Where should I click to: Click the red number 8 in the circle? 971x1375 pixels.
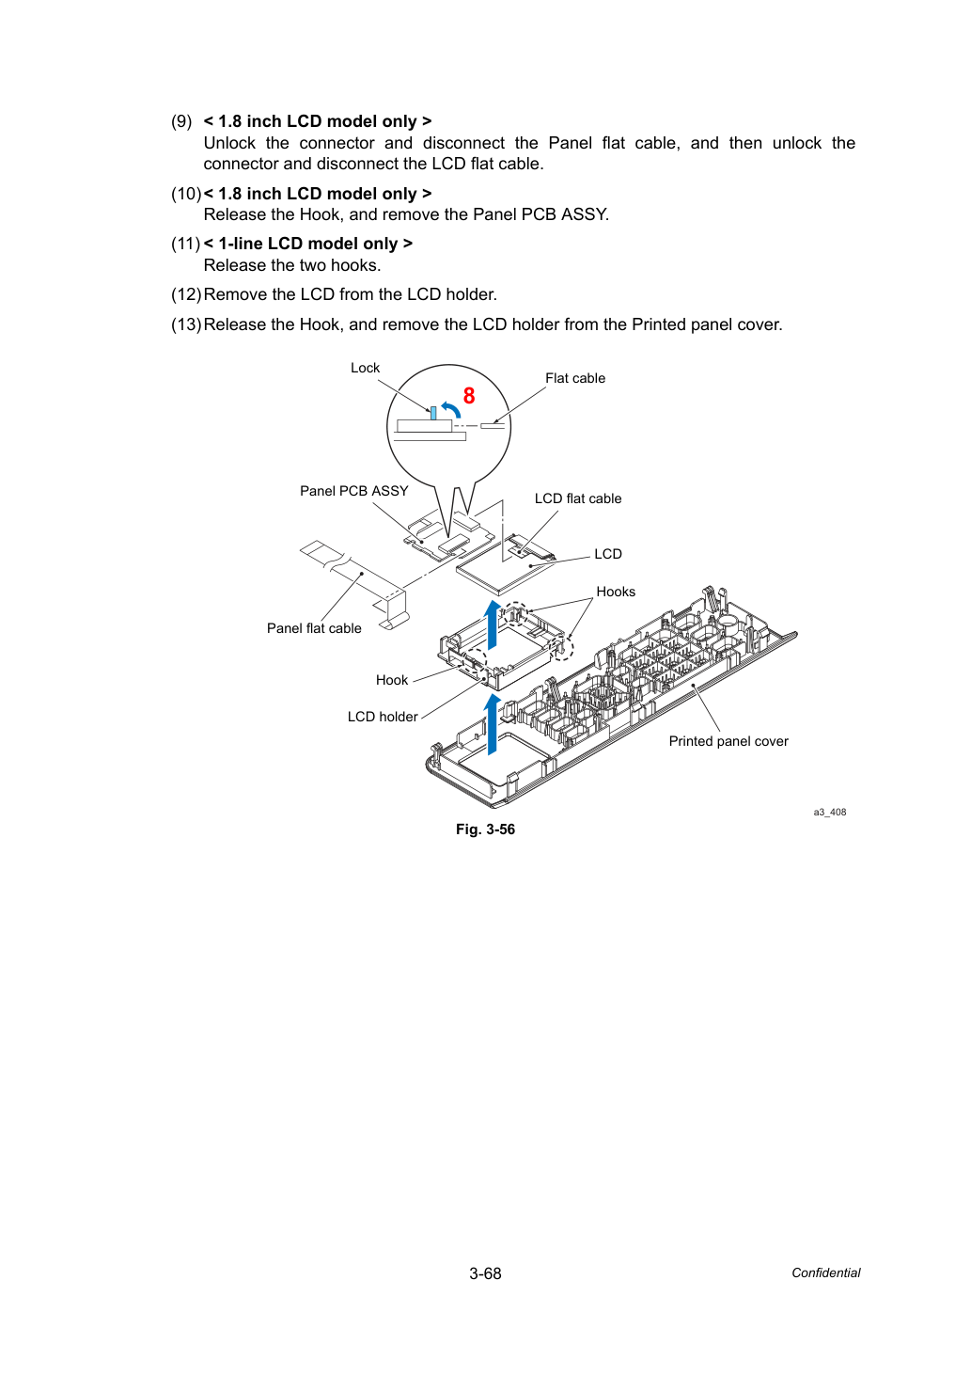click(x=469, y=396)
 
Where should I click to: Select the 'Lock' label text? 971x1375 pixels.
click(x=365, y=368)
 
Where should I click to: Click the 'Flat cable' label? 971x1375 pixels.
click(x=574, y=378)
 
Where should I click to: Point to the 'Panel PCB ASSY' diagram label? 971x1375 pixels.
click(x=354, y=491)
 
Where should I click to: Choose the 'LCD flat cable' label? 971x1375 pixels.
click(x=578, y=498)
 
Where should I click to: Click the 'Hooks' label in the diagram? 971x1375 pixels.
click(x=616, y=592)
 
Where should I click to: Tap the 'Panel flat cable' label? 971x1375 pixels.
click(x=314, y=628)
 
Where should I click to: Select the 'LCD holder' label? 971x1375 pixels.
click(x=383, y=717)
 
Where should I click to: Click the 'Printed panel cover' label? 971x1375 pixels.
click(x=728, y=741)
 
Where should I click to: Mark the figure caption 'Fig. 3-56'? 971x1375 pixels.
click(x=485, y=830)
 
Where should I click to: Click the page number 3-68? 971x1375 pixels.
click(x=485, y=1273)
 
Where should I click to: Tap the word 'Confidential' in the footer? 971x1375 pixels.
click(x=825, y=1273)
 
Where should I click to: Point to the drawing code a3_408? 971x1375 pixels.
click(x=829, y=812)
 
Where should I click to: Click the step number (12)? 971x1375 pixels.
click(x=186, y=294)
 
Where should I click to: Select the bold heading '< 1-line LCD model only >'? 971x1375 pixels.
click(x=308, y=244)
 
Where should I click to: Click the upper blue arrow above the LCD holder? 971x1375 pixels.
click(x=492, y=624)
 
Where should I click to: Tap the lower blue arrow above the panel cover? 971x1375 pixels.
click(x=492, y=725)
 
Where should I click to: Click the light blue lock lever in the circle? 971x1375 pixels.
click(x=433, y=413)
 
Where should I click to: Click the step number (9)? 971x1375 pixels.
click(x=181, y=121)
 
